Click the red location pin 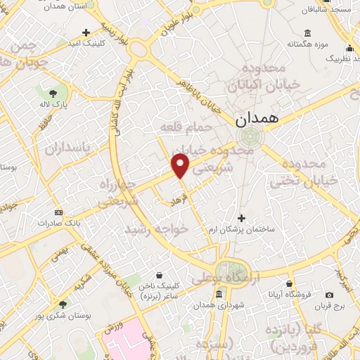pyautogui.click(x=181, y=165)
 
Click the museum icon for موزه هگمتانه pyautogui.click(x=308, y=32)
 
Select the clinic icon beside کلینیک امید pyautogui.click(x=86, y=32)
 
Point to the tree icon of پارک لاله pyautogui.click(x=53, y=93)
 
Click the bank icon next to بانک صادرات pyautogui.click(x=58, y=212)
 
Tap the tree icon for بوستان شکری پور pyautogui.click(x=63, y=304)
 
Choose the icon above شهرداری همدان pyautogui.click(x=219, y=293)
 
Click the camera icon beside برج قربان pyautogui.click(x=330, y=295)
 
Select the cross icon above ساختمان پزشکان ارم pyautogui.click(x=243, y=218)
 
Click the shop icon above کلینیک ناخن pyautogui.click(x=161, y=275)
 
